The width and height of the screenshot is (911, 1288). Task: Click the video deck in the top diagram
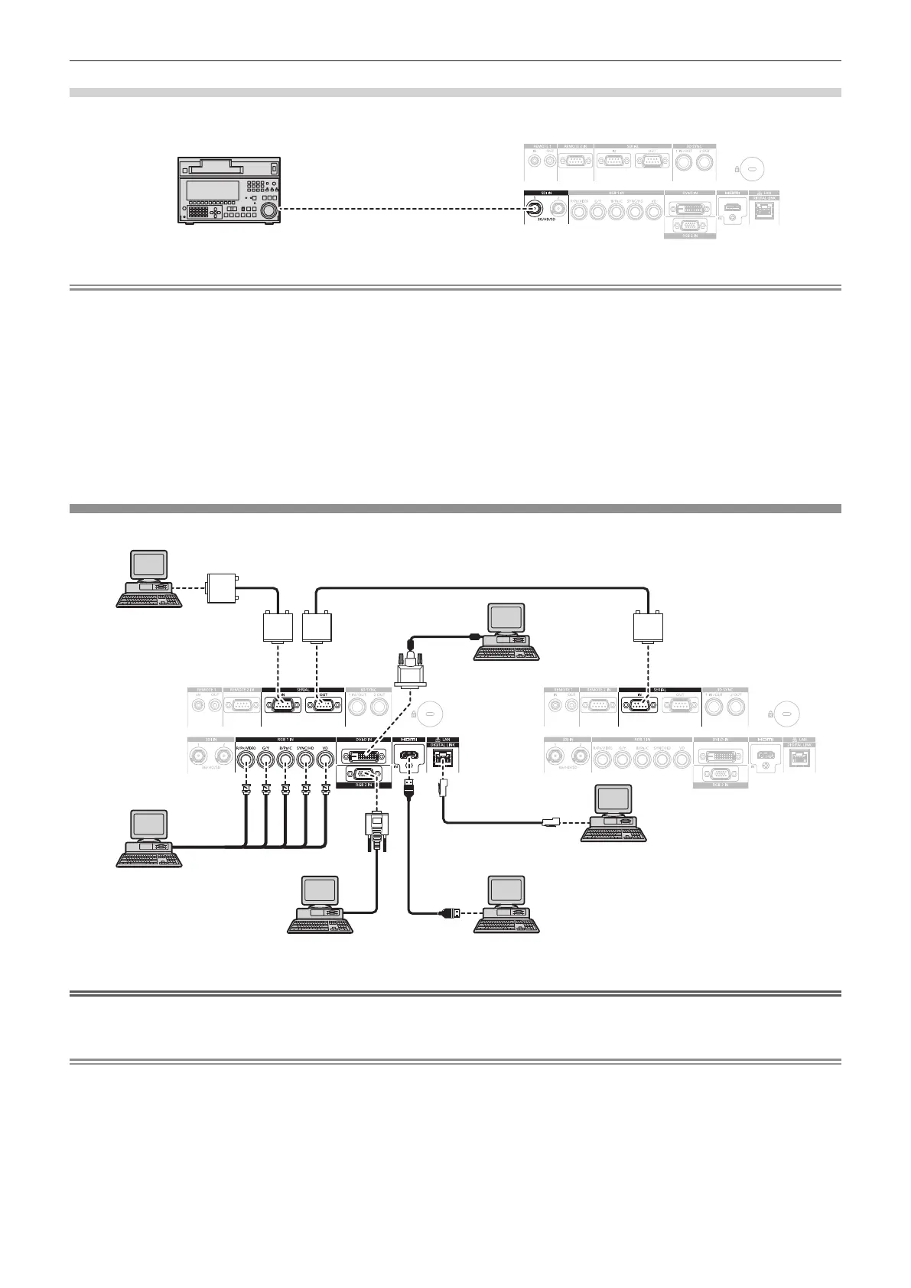click(x=229, y=190)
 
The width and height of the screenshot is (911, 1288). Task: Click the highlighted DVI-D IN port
click(x=364, y=756)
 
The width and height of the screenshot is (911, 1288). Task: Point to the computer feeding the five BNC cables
click(x=149, y=838)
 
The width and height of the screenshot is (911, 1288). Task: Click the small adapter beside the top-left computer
click(x=223, y=587)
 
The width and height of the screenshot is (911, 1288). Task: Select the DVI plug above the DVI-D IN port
click(x=412, y=671)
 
